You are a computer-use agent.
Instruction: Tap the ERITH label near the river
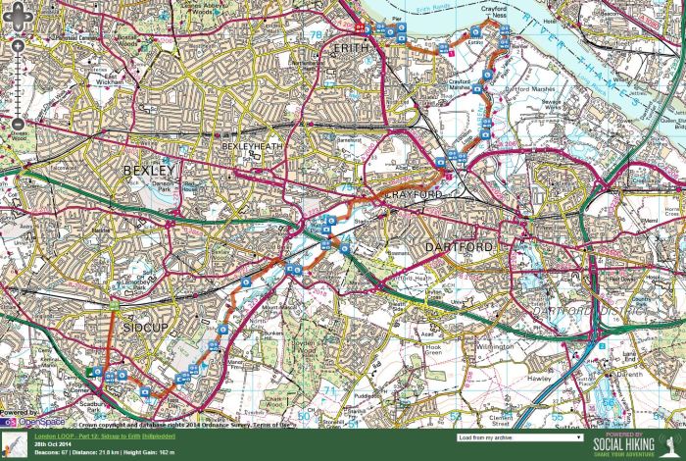point(349,47)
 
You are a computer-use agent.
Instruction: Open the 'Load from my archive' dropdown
point(519,437)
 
